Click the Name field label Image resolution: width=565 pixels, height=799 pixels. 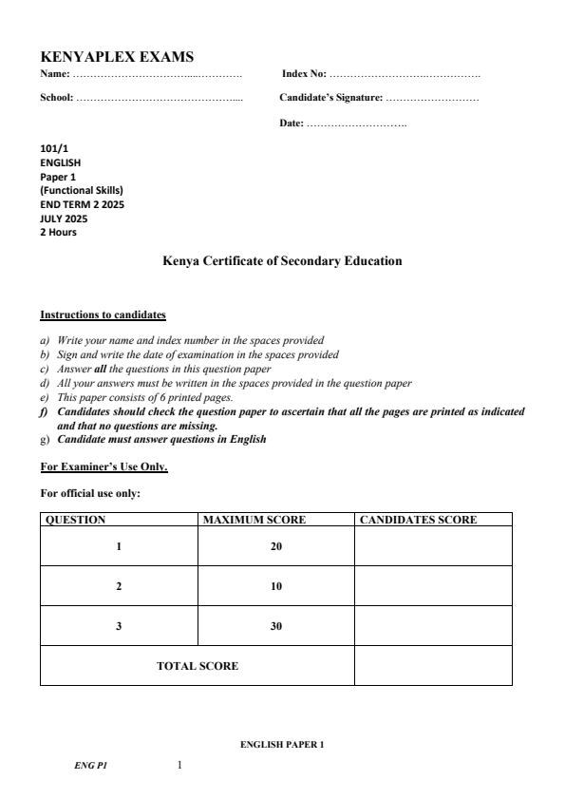click(x=55, y=73)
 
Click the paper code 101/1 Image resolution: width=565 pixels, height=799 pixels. click(x=52, y=148)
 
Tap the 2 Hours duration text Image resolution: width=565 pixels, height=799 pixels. click(x=59, y=232)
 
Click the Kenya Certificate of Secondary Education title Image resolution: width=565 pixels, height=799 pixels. click(x=282, y=261)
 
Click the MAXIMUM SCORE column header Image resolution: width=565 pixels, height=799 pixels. click(x=254, y=520)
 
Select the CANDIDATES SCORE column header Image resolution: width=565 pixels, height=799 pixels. click(x=418, y=520)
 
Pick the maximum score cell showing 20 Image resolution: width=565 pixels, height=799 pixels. click(x=275, y=546)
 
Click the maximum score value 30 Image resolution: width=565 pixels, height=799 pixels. click(x=275, y=626)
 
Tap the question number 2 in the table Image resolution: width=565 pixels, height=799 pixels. click(x=119, y=586)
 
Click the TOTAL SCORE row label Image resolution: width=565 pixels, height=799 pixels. click(x=198, y=666)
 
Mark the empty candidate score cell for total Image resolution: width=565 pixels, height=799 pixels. click(x=432, y=666)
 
